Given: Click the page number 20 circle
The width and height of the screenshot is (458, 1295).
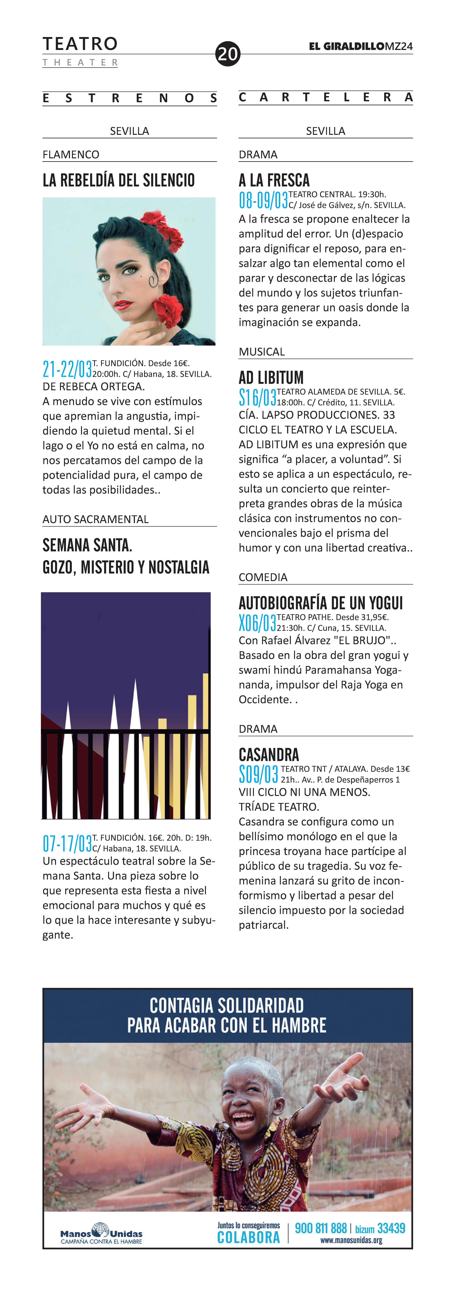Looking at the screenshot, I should pos(228,53).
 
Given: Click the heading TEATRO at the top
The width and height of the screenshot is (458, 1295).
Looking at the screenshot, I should pos(80,44).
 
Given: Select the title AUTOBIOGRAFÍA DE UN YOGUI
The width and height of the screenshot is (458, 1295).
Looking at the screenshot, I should pos(321,603).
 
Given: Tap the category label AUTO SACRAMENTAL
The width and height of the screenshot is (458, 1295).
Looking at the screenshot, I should pos(96,519).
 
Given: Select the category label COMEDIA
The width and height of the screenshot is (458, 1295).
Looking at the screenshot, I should pos(263,577).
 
